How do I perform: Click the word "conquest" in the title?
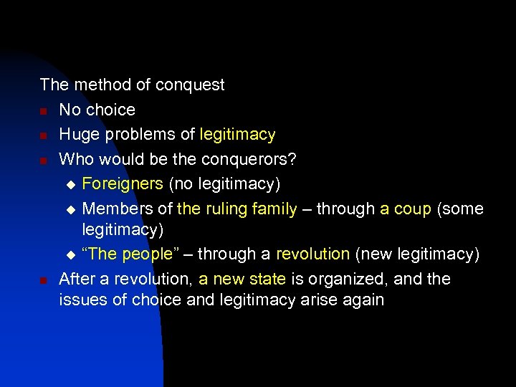tap(191, 85)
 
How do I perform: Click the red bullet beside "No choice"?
tap(44, 111)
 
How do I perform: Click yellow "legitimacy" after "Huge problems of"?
tap(237, 135)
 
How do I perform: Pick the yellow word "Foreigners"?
tap(123, 184)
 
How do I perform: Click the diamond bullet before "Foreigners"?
tap(70, 185)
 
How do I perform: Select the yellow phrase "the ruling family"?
tap(236, 209)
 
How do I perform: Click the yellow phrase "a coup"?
tap(406, 209)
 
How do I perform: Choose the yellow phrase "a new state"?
tap(242, 278)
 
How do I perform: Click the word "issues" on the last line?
tap(81, 300)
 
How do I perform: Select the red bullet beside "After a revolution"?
tap(44, 279)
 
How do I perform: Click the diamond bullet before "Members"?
tap(70, 209)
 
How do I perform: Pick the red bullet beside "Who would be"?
tap(44, 160)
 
